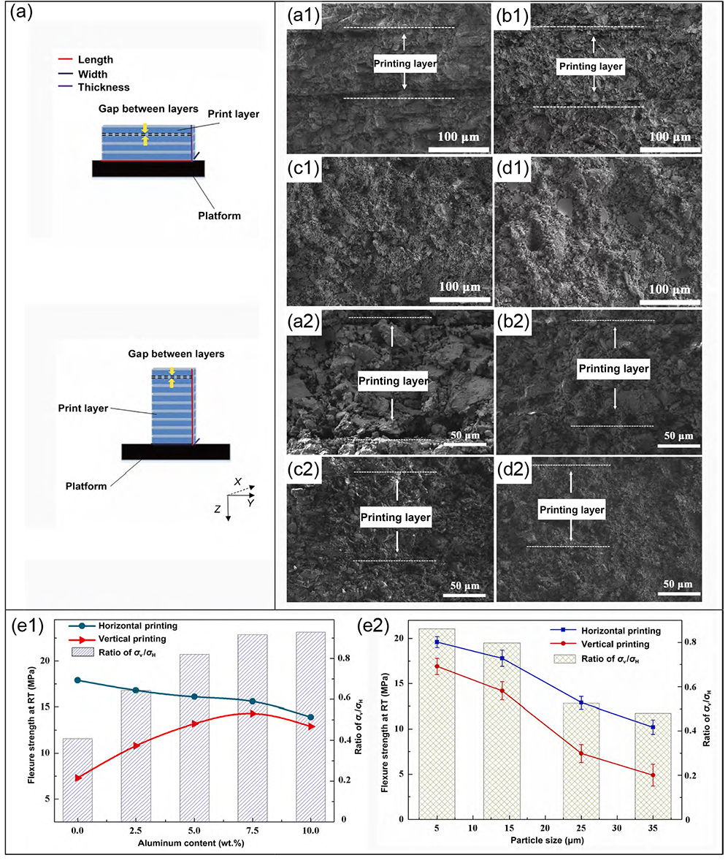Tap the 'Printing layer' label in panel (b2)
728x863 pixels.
613,369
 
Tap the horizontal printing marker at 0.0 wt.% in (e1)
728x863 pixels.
77,680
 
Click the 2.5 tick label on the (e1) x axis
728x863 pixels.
135,831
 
